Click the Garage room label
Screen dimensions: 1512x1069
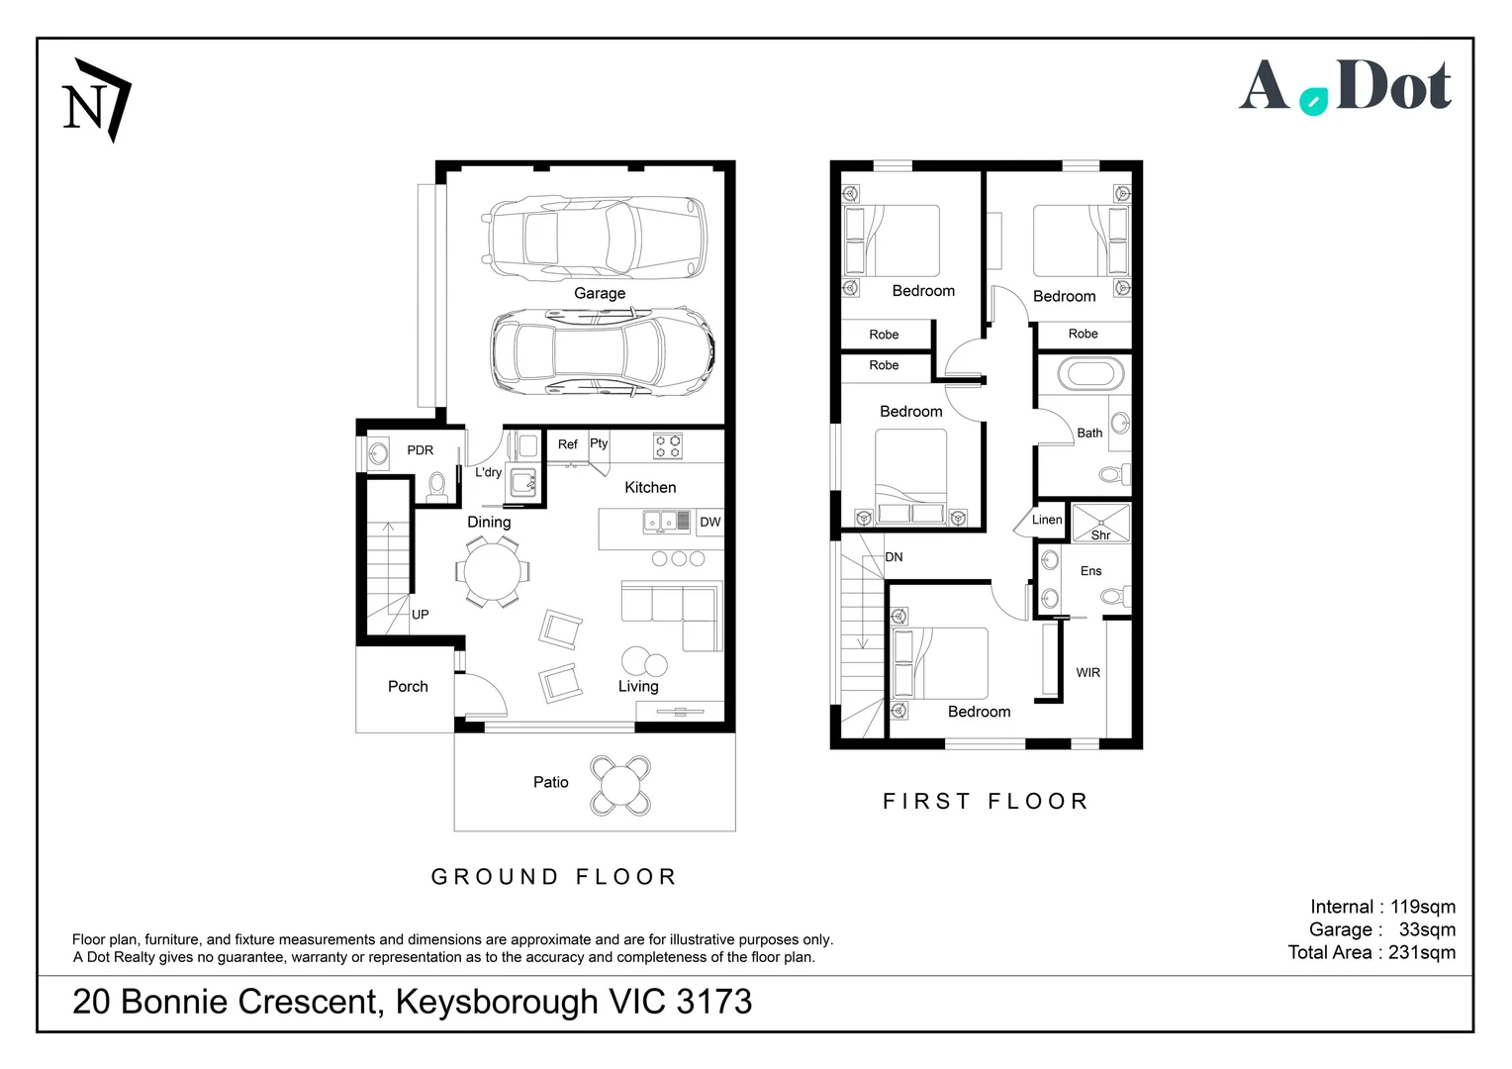click(x=600, y=293)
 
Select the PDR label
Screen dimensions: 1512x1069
click(x=420, y=450)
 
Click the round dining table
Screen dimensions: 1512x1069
click(x=493, y=572)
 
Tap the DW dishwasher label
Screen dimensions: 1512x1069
click(x=710, y=522)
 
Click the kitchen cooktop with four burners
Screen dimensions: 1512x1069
click(x=668, y=446)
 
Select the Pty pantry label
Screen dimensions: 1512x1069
click(x=599, y=443)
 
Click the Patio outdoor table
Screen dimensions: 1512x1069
click(x=620, y=785)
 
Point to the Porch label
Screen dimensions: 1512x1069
click(x=408, y=687)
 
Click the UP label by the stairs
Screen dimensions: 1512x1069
click(x=420, y=615)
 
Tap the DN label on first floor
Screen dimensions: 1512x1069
click(x=894, y=557)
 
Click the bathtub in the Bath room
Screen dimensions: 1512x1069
click(x=1090, y=375)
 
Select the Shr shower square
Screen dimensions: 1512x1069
click(x=1101, y=522)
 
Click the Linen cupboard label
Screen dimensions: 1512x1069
click(x=1047, y=520)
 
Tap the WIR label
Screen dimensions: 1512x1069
click(x=1088, y=673)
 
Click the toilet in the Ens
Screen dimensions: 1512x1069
click(x=1115, y=596)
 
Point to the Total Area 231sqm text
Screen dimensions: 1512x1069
click(x=1371, y=953)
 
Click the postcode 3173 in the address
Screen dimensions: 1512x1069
click(x=714, y=1002)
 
